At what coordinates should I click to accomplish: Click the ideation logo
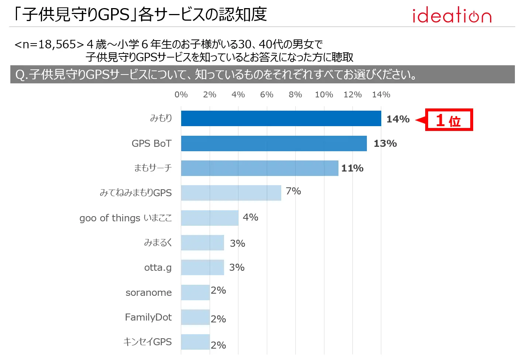coord(452,15)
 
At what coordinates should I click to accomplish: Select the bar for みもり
coord(281,118)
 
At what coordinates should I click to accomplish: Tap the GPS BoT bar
coord(274,143)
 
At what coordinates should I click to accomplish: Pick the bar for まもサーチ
coord(259,168)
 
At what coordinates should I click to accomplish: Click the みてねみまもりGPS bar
coord(231,193)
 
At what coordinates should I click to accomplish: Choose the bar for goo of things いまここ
coord(210,218)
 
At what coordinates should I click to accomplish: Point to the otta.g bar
coord(202,267)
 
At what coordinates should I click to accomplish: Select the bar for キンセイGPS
coord(195,342)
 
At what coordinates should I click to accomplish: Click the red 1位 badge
coord(449,120)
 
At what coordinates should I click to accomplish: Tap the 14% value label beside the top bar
coord(398,119)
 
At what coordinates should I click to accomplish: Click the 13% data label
coord(385,143)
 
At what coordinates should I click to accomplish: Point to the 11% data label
coord(352,168)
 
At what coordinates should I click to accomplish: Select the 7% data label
coord(293,191)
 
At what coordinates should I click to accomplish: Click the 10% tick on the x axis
coord(324,94)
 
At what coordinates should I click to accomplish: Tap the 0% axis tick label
coord(181,94)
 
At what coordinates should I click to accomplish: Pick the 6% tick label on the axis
coord(266,94)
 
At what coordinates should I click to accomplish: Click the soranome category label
coord(148,292)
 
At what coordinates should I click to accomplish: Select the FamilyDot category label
coord(148,317)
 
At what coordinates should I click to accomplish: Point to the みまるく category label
coord(158,243)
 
